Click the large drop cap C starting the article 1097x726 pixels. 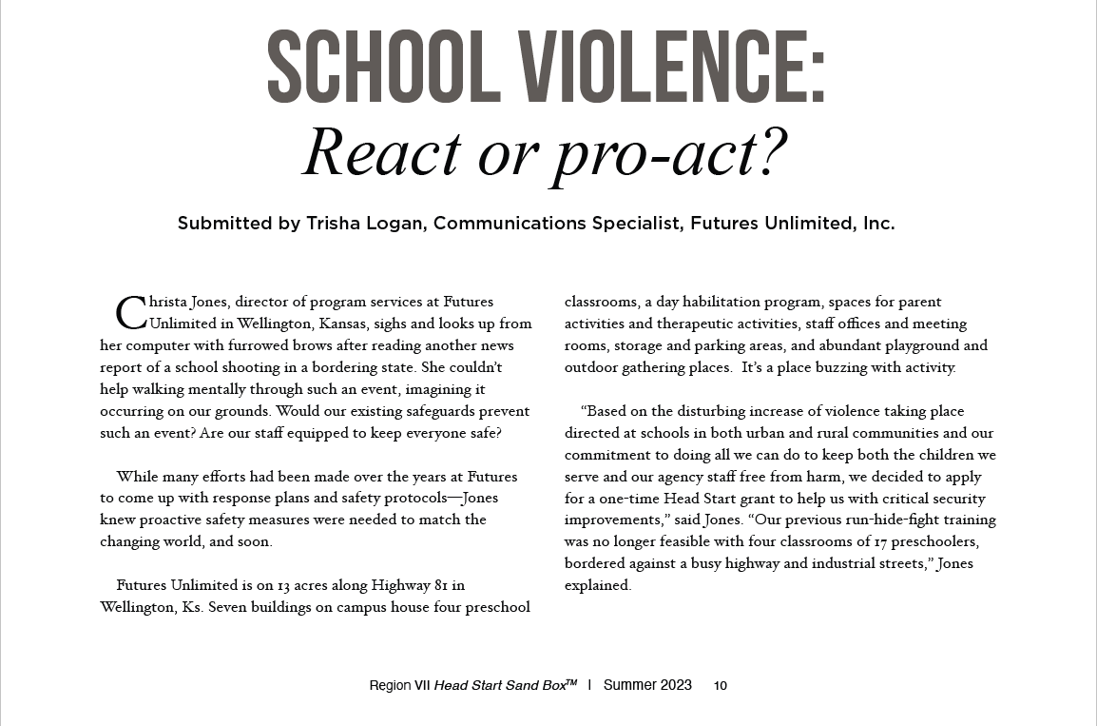pyautogui.click(x=130, y=310)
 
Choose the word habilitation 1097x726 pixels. pyautogui.click(x=727, y=302)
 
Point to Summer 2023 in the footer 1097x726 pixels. pyautogui.click(x=647, y=685)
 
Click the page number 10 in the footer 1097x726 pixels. pyautogui.click(x=721, y=686)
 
